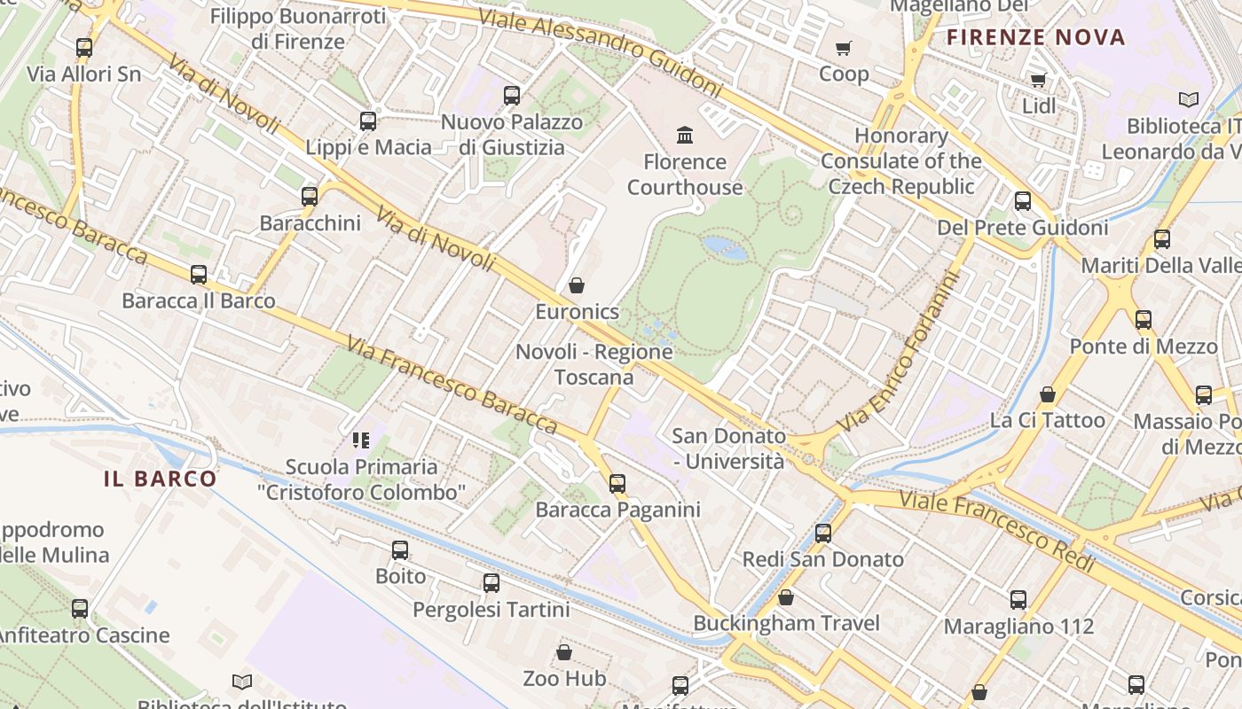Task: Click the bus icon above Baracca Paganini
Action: pyautogui.click(x=617, y=484)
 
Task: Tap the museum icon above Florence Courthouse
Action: pyautogui.click(x=685, y=136)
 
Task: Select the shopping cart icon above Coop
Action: pyautogui.click(x=844, y=48)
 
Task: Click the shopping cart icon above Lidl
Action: pyautogui.click(x=1039, y=81)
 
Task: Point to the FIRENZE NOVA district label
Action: pyautogui.click(x=1035, y=37)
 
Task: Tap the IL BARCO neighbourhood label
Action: pyautogui.click(x=161, y=479)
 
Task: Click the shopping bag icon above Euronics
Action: pyautogui.click(x=577, y=285)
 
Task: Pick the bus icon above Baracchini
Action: pyautogui.click(x=310, y=197)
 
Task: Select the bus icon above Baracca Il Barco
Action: pyautogui.click(x=199, y=275)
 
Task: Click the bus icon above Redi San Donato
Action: pyautogui.click(x=823, y=534)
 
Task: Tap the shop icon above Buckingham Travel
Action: pyautogui.click(x=786, y=597)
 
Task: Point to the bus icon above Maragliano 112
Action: pyautogui.click(x=1018, y=600)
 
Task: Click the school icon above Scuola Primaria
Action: pyautogui.click(x=360, y=440)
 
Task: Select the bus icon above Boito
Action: pyautogui.click(x=400, y=550)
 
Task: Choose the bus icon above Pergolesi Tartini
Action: pyautogui.click(x=491, y=583)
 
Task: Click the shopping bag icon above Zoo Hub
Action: pyautogui.click(x=564, y=653)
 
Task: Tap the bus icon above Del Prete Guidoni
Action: pyautogui.click(x=1023, y=201)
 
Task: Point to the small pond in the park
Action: pyautogui.click(x=726, y=247)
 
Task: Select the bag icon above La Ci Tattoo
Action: pyautogui.click(x=1048, y=394)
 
